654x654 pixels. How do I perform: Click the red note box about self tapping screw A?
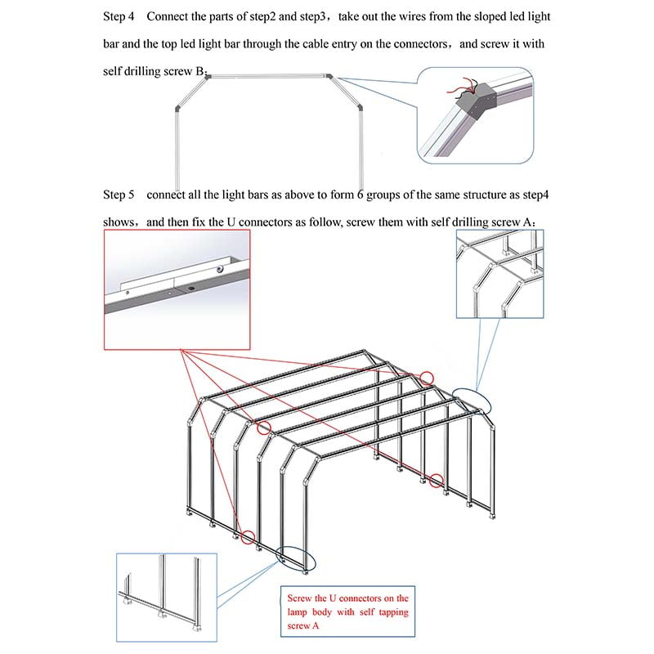pos(348,611)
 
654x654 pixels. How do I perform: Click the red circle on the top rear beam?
pos(427,377)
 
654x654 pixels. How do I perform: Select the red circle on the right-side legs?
pos(437,481)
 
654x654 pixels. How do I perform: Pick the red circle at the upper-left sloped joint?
pos(263,428)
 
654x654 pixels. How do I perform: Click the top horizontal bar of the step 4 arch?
pos(269,75)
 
